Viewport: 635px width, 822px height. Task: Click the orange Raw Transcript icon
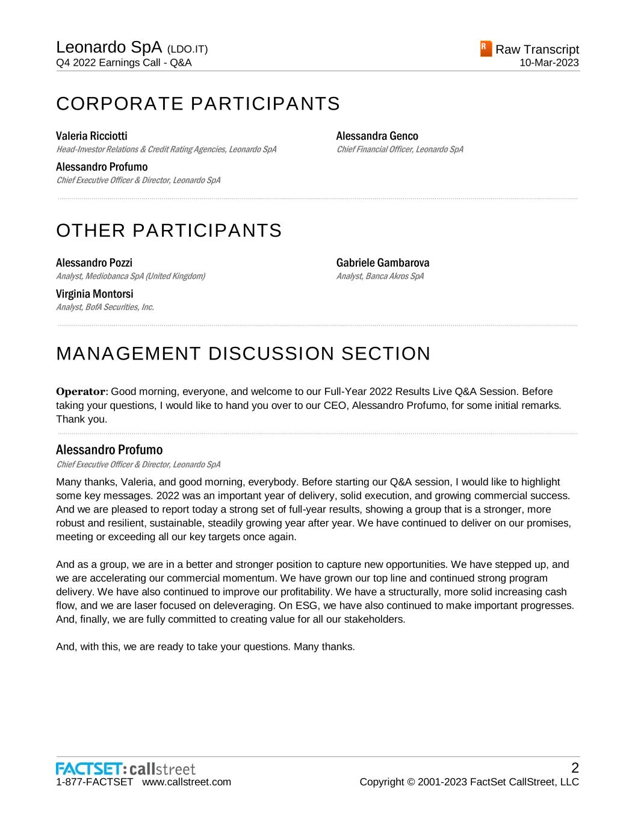point(486,49)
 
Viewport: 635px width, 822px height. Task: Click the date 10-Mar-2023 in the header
point(550,63)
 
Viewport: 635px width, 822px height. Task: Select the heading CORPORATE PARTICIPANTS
point(198,104)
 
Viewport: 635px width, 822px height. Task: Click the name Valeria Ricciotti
point(91,136)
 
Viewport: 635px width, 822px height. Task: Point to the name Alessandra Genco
point(377,136)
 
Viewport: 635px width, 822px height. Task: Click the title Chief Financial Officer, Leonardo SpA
point(400,149)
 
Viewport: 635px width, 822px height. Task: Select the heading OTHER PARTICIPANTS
point(169,231)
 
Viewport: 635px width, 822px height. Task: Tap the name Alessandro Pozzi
point(94,263)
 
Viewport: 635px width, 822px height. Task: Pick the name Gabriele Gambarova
point(383,263)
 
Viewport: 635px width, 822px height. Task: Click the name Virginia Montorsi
point(94,294)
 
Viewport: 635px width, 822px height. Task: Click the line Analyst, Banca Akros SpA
point(380,276)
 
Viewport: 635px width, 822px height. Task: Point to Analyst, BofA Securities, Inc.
point(105,307)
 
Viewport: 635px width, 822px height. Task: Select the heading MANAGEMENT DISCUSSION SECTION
point(243,353)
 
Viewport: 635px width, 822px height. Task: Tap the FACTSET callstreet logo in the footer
point(126,769)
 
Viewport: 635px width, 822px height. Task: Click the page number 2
point(575,768)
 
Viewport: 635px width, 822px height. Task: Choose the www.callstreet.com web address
point(187,782)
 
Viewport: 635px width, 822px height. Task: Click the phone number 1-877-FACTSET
point(94,782)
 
